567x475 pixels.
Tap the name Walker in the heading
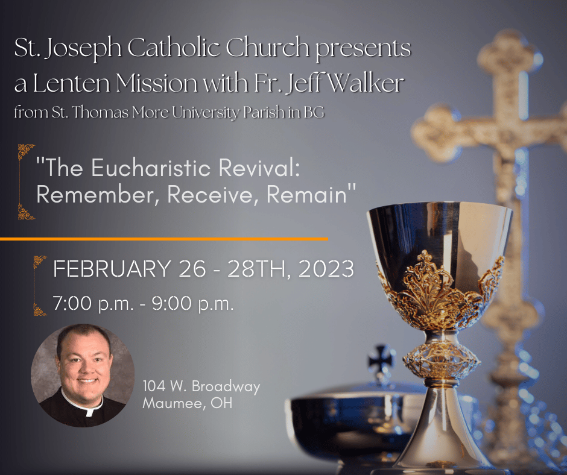point(366,83)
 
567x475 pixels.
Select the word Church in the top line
point(268,48)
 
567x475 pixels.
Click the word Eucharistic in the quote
point(151,168)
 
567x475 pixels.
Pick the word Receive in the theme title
point(212,195)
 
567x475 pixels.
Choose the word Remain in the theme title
point(306,195)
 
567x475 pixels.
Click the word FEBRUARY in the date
point(112,269)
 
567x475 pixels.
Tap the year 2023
point(326,269)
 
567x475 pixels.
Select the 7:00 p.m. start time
point(93,303)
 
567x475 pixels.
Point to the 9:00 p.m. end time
point(193,303)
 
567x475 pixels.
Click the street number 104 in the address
point(154,386)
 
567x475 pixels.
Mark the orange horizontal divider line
point(164,239)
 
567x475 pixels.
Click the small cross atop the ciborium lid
point(381,356)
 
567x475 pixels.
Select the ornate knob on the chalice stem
point(441,360)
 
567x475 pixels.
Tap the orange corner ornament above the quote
point(25,151)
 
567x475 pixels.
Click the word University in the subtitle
point(205,112)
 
